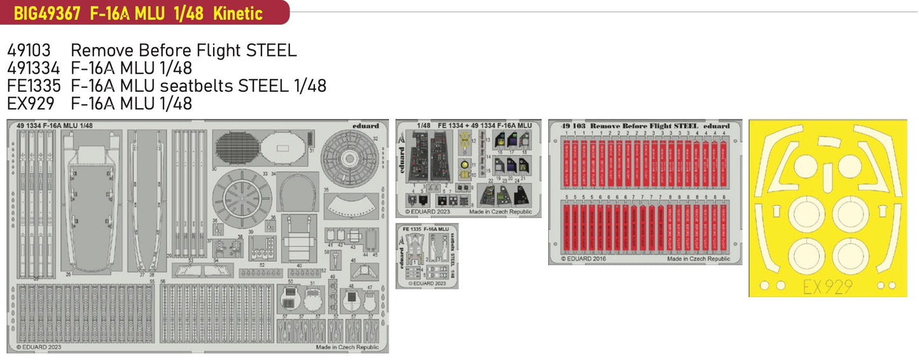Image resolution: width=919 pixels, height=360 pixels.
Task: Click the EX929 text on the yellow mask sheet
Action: click(x=833, y=287)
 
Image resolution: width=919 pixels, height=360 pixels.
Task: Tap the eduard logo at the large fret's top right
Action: click(x=365, y=126)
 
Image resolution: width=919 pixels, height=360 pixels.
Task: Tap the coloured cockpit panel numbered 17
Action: click(x=510, y=140)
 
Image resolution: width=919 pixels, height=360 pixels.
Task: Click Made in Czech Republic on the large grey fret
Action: click(x=347, y=347)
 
